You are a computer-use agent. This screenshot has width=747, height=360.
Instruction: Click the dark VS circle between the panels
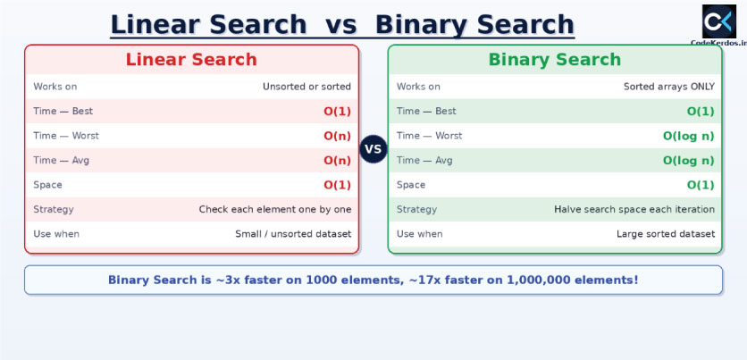click(373, 149)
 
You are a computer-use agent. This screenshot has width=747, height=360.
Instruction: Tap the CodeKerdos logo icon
click(719, 21)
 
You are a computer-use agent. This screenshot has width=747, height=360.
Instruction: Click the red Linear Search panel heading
click(191, 60)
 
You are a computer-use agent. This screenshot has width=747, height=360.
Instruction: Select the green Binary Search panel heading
click(555, 60)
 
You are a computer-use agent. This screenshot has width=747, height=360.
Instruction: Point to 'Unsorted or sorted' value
click(306, 87)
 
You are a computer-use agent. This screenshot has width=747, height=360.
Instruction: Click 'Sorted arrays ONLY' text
click(669, 87)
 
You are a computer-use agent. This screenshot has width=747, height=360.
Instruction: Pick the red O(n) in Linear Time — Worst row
click(337, 136)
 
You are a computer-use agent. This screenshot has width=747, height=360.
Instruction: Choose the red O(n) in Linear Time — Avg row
click(337, 161)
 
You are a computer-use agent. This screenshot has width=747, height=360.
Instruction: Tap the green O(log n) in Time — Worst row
click(688, 136)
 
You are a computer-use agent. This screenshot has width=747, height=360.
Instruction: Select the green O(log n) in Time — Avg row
click(688, 161)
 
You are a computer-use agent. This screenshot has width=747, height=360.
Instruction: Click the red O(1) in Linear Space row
click(337, 185)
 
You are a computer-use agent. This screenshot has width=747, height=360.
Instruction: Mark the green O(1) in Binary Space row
click(701, 185)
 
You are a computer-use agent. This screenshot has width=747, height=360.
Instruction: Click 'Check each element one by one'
click(275, 210)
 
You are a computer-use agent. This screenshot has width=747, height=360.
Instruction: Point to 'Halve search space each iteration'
click(634, 210)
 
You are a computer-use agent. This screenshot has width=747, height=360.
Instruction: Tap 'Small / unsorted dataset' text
click(293, 234)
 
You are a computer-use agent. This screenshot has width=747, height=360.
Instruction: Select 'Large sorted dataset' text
click(666, 234)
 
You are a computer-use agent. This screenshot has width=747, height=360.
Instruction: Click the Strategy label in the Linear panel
click(54, 210)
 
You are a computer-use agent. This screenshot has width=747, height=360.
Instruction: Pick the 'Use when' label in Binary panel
click(419, 234)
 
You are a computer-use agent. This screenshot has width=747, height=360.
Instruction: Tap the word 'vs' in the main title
click(340, 25)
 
